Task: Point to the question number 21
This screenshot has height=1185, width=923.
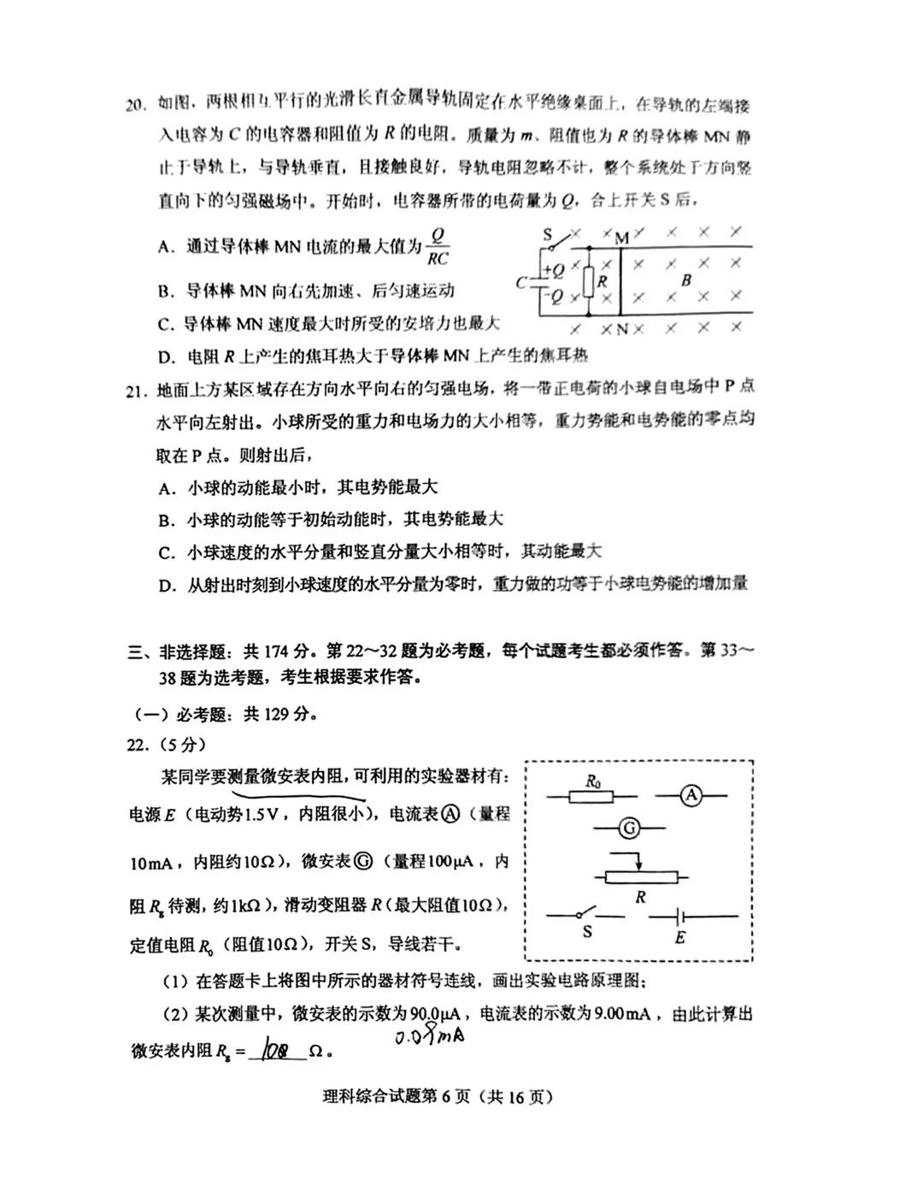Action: [137, 391]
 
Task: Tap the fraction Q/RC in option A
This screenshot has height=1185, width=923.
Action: [437, 246]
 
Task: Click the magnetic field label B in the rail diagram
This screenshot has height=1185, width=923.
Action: [685, 280]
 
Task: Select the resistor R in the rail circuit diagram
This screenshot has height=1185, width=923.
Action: [589, 280]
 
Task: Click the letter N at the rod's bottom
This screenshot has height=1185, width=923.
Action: [621, 329]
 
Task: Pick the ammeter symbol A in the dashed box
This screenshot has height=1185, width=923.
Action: [691, 796]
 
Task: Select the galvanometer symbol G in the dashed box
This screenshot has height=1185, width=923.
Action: [629, 828]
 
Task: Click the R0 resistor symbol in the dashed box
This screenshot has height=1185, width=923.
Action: [591, 796]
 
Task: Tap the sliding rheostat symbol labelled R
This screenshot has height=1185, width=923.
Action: [640, 876]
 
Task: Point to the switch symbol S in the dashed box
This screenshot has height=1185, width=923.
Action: [586, 917]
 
